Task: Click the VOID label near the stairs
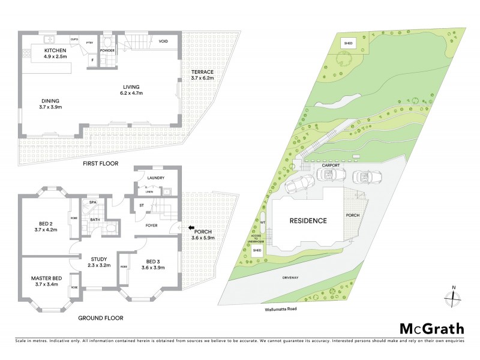163,41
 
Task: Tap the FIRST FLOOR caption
101,163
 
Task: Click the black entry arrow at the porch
190,228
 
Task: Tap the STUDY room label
98,261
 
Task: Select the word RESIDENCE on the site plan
308,221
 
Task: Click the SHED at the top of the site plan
348,43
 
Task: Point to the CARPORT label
330,164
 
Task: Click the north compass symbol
454,296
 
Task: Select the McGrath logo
432,328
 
